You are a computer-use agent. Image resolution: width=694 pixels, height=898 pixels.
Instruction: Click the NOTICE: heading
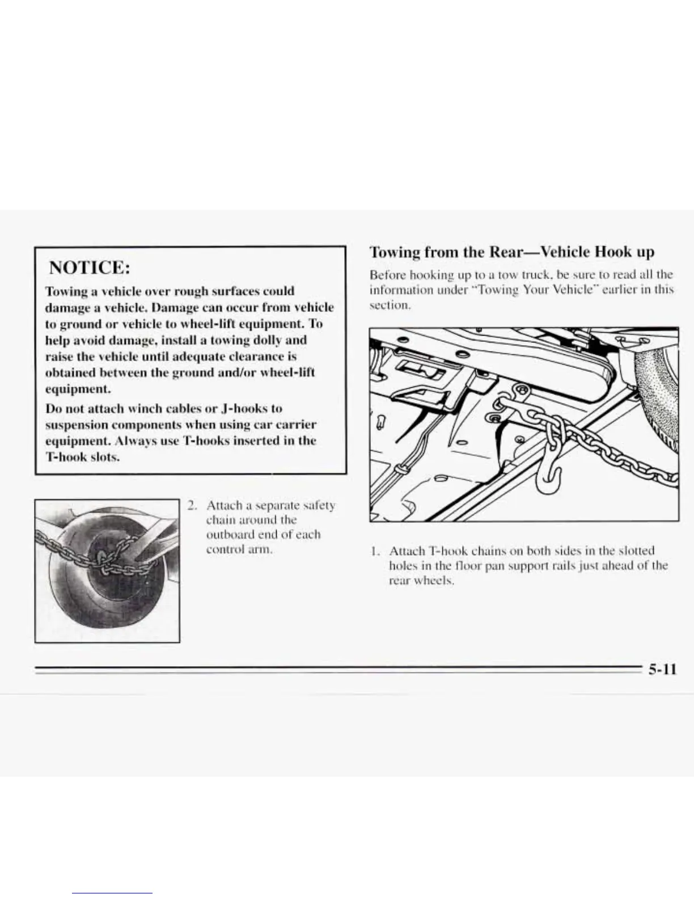point(90,267)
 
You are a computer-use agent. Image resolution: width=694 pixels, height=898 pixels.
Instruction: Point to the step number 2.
point(193,505)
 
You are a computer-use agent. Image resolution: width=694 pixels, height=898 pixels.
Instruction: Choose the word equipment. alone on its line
point(78,389)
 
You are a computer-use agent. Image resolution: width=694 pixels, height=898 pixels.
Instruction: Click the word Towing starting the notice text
point(64,291)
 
